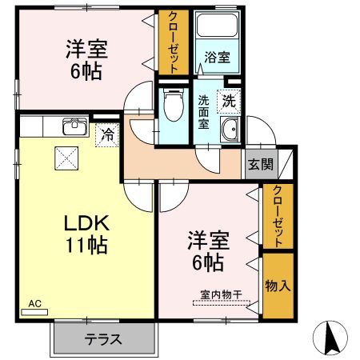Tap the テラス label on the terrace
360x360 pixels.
(x=103, y=339)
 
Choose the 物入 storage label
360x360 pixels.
(x=277, y=286)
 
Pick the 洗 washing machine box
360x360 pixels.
(x=228, y=102)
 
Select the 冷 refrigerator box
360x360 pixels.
(x=106, y=134)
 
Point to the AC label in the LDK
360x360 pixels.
(x=34, y=304)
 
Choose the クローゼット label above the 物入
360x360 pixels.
(x=277, y=216)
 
